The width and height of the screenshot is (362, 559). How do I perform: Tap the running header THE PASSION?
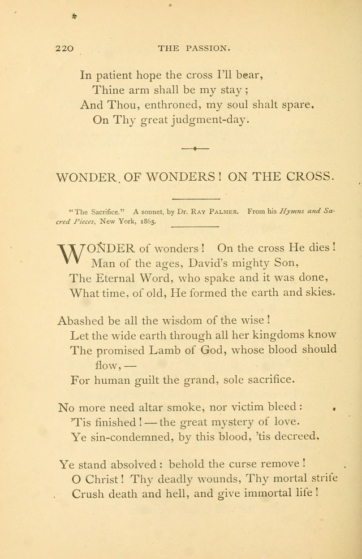point(194,49)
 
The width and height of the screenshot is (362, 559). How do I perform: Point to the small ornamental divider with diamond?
point(195,148)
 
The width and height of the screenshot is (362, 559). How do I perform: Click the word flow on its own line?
point(108,365)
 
